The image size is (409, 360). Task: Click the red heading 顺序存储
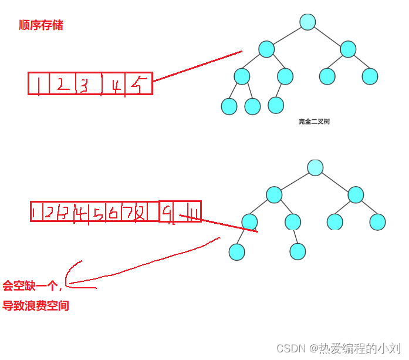click(x=40, y=25)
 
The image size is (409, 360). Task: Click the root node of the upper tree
click(x=308, y=22)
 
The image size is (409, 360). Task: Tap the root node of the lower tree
click(x=315, y=167)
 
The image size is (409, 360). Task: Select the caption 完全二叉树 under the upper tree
click(x=314, y=122)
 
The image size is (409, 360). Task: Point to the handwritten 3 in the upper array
click(x=84, y=86)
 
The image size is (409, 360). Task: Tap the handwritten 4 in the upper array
click(x=117, y=86)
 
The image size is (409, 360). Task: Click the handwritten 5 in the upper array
click(x=136, y=86)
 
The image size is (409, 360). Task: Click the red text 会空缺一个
click(x=31, y=286)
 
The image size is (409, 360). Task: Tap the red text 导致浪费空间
click(x=35, y=306)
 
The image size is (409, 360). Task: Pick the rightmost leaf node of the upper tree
click(x=370, y=76)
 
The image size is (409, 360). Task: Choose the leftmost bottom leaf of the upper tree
click(x=229, y=106)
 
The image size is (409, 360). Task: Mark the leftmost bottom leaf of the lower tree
click(x=236, y=251)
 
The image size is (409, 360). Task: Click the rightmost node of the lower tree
click(x=377, y=222)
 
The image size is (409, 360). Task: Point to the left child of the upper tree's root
click(x=266, y=49)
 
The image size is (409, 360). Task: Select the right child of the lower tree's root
click(x=356, y=195)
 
